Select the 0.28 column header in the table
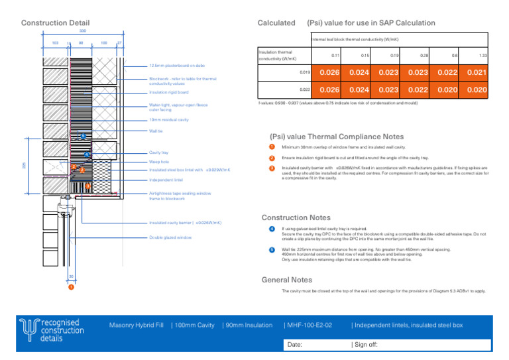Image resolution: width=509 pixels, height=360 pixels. (x=423, y=56)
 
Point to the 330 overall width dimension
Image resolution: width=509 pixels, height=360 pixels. (x=82, y=31)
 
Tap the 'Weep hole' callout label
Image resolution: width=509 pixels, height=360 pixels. (x=159, y=161)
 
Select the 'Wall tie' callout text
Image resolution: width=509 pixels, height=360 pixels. (x=156, y=132)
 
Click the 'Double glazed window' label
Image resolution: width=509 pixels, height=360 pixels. (x=170, y=237)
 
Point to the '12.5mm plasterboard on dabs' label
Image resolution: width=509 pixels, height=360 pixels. (x=176, y=66)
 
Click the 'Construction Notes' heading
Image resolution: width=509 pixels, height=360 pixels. (x=296, y=217)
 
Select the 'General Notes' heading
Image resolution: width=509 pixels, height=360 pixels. (x=287, y=280)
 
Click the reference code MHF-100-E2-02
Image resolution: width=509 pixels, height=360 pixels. (x=309, y=325)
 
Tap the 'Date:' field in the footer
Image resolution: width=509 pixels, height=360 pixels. (x=296, y=345)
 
